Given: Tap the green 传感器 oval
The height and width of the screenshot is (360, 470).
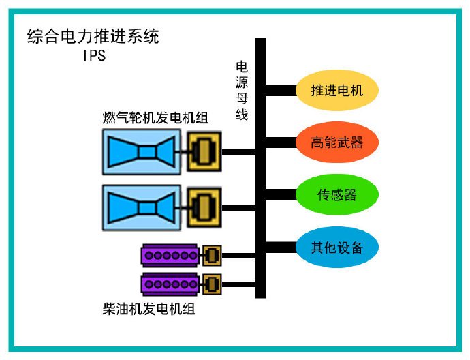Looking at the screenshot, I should pyautogui.click(x=336, y=194).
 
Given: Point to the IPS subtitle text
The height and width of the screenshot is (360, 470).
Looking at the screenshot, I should pyautogui.click(x=93, y=56).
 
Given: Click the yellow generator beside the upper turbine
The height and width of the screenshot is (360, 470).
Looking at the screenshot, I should pyautogui.click(x=204, y=151).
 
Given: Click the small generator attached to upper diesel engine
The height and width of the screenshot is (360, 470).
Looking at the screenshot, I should pyautogui.click(x=211, y=255).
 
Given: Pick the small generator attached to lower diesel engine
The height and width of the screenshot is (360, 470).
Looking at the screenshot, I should pyautogui.click(x=211, y=282).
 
